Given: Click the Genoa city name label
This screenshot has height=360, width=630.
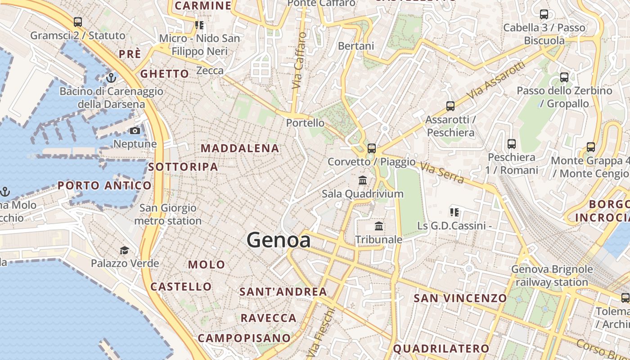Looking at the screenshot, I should pyautogui.click(x=279, y=240).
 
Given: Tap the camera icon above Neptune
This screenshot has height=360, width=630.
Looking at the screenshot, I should pyautogui.click(x=135, y=131).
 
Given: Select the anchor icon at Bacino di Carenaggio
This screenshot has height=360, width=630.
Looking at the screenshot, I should pyautogui.click(x=111, y=78).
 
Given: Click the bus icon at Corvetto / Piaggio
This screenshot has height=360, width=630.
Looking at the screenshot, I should pyautogui.click(x=371, y=148).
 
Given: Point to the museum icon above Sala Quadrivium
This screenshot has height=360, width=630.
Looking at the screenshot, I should pyautogui.click(x=362, y=180).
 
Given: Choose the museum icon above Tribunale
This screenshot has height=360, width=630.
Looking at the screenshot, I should pyautogui.click(x=379, y=226).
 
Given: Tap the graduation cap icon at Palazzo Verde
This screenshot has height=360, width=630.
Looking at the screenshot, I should pyautogui.click(x=124, y=250).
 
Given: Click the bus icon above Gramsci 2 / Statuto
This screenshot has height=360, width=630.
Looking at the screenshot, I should pyautogui.click(x=78, y=22).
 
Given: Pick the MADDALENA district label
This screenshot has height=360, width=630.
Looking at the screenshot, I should pyautogui.click(x=240, y=148).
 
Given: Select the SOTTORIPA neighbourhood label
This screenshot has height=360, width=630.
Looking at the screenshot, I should pyautogui.click(x=183, y=167).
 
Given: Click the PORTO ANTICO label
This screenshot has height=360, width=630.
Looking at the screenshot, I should pyautogui.click(x=104, y=185).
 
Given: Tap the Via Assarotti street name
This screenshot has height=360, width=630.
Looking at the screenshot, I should pyautogui.click(x=496, y=81).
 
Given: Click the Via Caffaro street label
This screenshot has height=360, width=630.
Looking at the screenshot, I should pyautogui.click(x=299, y=60).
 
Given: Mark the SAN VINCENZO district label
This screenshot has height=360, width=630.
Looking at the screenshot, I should pyautogui.click(x=460, y=298).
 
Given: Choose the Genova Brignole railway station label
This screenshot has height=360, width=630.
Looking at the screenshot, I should pyautogui.click(x=552, y=276).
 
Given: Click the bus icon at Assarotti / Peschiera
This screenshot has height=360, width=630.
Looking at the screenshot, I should pyautogui.click(x=450, y=106).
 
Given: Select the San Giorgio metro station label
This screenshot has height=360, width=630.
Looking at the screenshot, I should pyautogui.click(x=168, y=214).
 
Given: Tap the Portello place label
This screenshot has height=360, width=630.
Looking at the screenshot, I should pyautogui.click(x=305, y=123).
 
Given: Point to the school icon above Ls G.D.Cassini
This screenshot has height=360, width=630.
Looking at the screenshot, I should pyautogui.click(x=454, y=212).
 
